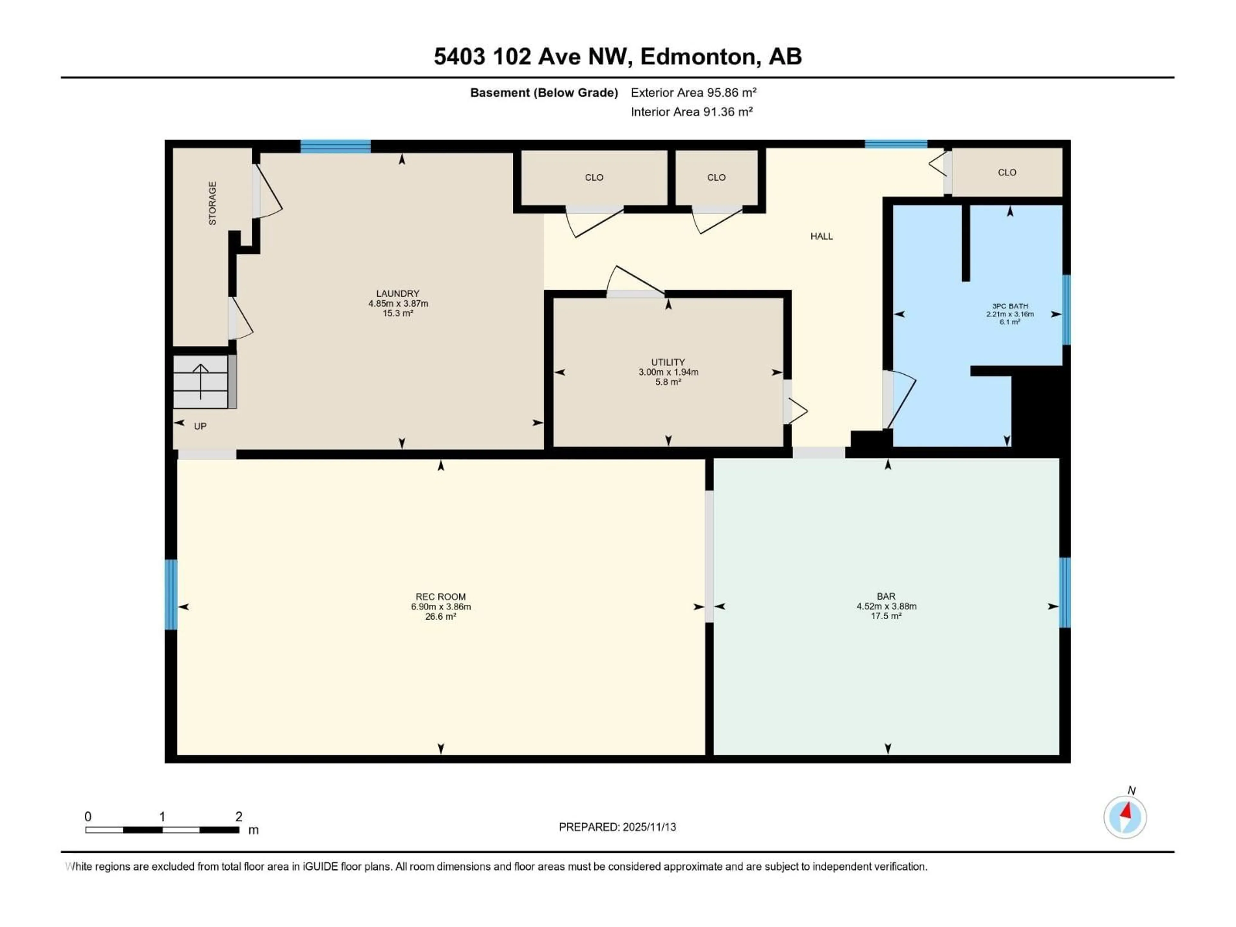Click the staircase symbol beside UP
point(201,382)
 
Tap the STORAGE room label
point(212,203)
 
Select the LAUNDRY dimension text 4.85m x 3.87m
point(398,304)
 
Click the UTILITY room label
point(668,362)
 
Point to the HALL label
point(821,236)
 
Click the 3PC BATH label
point(1010,306)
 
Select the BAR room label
point(886,596)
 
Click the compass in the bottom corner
point(1125,817)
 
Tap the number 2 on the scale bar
point(239,816)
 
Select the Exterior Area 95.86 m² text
point(693,93)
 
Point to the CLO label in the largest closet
point(594,178)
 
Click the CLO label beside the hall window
point(1007,173)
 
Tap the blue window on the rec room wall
point(171,595)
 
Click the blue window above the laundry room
point(335,146)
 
